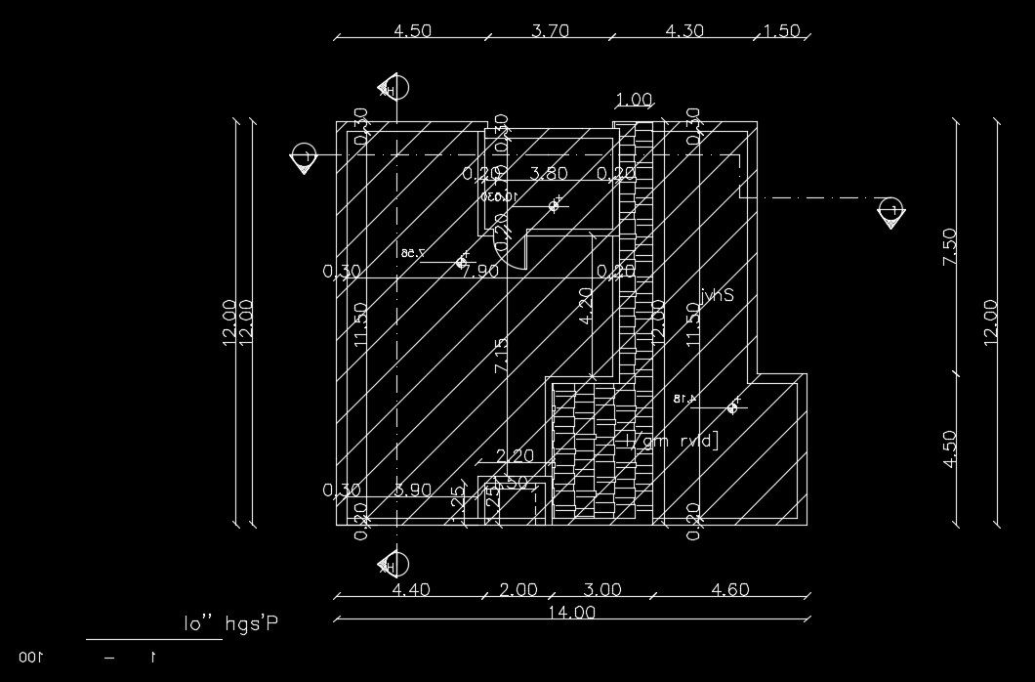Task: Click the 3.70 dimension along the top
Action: [550, 30]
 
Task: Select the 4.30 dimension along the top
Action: [683, 30]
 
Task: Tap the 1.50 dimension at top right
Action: [781, 30]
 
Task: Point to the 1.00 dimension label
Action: [635, 100]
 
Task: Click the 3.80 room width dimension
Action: [548, 174]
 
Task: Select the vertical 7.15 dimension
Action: [501, 356]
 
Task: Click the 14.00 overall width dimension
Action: [571, 613]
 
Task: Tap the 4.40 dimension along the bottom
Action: [411, 589]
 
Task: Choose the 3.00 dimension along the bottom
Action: [601, 589]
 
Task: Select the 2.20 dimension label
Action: [515, 454]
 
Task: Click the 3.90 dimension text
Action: [412, 490]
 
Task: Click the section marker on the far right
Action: [890, 210]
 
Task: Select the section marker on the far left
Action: [306, 155]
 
